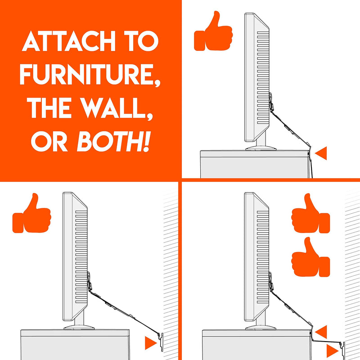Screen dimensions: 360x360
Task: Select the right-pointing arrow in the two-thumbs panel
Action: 332,349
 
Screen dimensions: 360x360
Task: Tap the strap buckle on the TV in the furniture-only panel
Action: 271,103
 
